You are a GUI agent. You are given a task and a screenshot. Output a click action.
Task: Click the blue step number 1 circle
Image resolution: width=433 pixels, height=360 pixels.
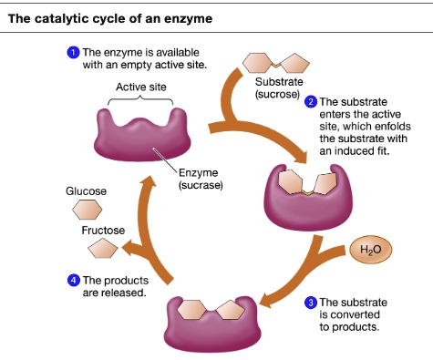click(x=73, y=52)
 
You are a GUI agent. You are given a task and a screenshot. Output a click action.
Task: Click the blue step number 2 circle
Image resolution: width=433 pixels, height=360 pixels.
click(x=312, y=102)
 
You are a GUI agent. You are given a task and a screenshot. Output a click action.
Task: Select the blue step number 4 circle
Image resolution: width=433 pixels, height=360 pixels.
click(x=74, y=280)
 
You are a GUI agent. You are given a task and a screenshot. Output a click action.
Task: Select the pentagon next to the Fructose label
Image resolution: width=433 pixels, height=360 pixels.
click(x=102, y=249)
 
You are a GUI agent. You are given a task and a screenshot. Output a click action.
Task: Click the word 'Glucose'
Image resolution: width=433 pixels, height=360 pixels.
click(x=87, y=191)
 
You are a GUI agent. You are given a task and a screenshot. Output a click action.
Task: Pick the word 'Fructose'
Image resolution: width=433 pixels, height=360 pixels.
click(x=103, y=231)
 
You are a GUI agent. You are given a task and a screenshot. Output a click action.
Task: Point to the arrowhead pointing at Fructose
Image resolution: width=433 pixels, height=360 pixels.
click(x=131, y=247)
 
